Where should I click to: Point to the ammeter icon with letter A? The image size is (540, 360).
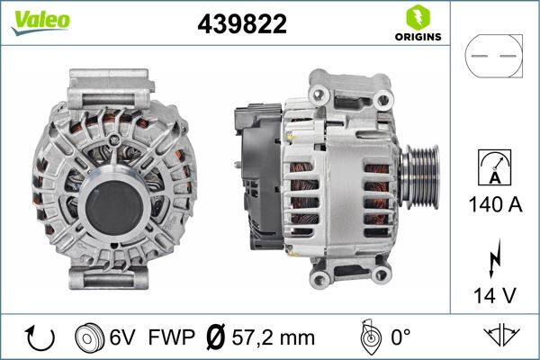pyautogui.click(x=494, y=167)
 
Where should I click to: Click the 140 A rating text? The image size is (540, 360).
pyautogui.click(x=494, y=204)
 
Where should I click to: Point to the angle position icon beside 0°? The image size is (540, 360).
pyautogui.click(x=366, y=337)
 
